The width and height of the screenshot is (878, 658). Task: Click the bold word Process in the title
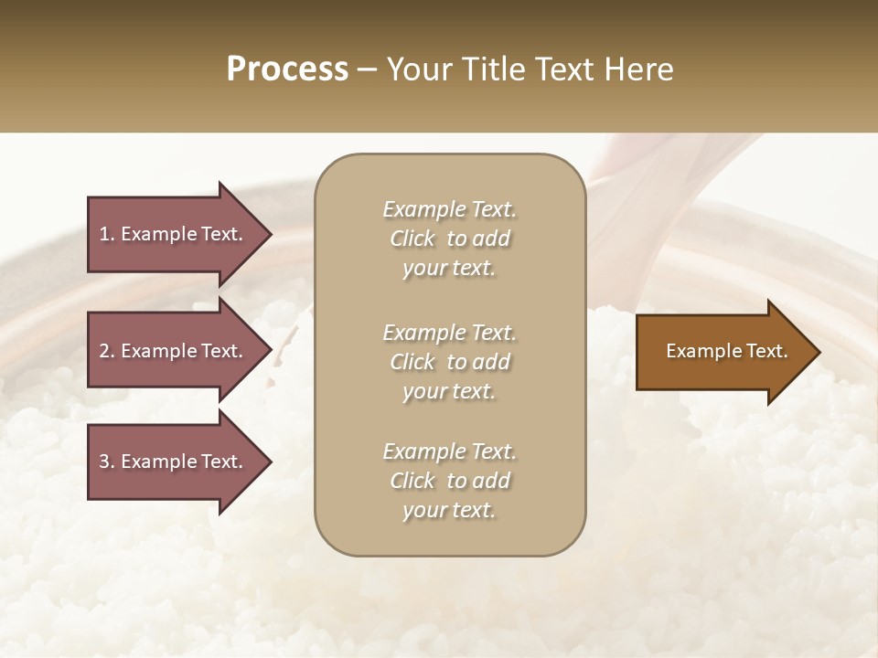coord(287,69)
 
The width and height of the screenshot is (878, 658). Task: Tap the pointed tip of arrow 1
coord(269,234)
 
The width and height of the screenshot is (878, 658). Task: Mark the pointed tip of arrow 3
coord(269,462)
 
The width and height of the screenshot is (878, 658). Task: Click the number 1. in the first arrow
coord(107,234)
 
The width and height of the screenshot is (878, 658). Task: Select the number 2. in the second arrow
coord(107,351)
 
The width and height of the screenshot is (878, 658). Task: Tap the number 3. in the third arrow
coord(107,462)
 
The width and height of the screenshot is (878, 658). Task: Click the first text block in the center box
coord(449,239)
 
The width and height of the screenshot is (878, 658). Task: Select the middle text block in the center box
coord(449,362)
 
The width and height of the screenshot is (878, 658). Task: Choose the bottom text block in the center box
coord(449,481)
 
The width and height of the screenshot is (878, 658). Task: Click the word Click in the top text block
coord(412,239)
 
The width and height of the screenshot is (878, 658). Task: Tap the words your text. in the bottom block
coord(449,510)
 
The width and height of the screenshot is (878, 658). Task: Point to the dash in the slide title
coord(368,70)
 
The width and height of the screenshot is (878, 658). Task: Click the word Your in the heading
coord(417,69)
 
